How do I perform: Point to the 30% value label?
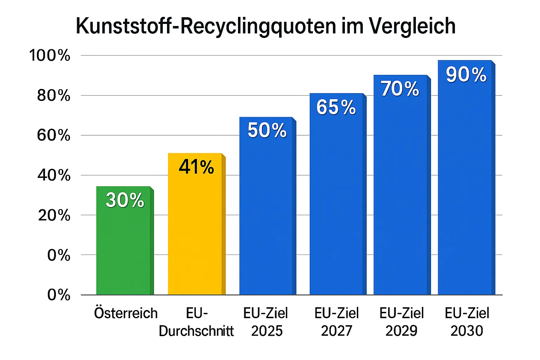(125, 200)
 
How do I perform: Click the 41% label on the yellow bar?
(196, 167)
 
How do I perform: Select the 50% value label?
(267, 130)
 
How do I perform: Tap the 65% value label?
(336, 107)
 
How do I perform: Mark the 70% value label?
(400, 89)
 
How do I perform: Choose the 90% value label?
(466, 75)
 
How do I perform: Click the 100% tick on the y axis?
(50, 56)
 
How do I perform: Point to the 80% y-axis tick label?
(53, 96)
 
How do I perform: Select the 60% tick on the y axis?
(53, 135)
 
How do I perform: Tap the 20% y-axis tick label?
(54, 215)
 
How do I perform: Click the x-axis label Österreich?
(126, 313)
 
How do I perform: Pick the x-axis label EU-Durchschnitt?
(196, 322)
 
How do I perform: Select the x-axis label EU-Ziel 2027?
(336, 322)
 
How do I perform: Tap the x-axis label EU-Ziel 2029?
(401, 322)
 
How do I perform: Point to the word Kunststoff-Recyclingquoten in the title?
(206, 26)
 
